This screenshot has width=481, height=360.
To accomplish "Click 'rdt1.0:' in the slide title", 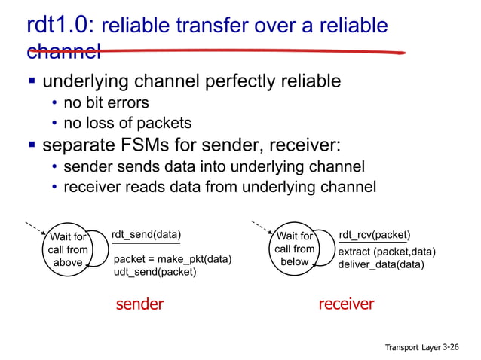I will (x=60, y=26).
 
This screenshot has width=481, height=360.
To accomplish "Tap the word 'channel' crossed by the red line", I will (x=63, y=52).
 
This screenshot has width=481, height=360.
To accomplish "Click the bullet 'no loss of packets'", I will (x=127, y=123).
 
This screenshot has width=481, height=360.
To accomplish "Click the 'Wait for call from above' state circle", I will (x=68, y=249).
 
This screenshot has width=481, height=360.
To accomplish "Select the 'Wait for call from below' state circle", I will (x=294, y=249).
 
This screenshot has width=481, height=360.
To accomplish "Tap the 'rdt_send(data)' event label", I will (x=146, y=234).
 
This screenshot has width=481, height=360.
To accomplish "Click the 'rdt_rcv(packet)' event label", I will (x=375, y=234).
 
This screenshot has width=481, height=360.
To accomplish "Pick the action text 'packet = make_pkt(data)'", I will (x=172, y=259).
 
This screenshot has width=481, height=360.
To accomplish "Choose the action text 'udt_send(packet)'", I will (x=155, y=272).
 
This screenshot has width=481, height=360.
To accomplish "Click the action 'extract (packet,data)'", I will (x=388, y=252).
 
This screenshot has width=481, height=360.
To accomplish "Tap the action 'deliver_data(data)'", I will (x=381, y=264).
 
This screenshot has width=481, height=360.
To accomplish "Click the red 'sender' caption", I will (x=139, y=304).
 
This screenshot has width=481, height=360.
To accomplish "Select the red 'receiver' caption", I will (x=346, y=304).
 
